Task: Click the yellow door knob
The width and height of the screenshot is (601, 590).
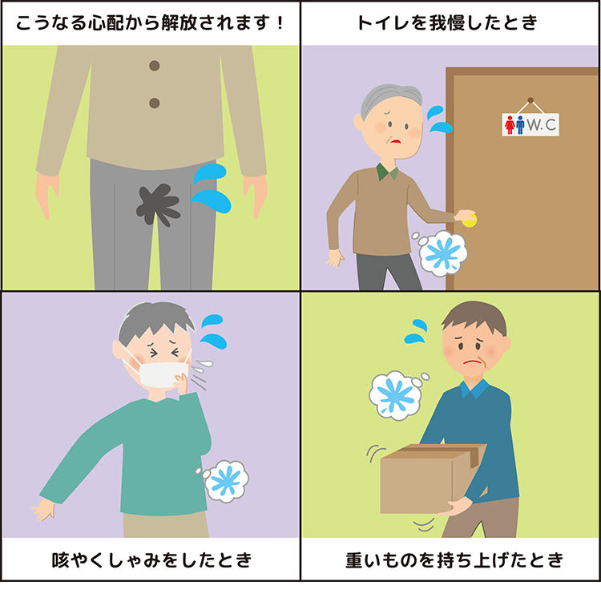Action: (x=468, y=219)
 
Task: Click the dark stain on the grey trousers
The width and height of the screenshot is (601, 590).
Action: (x=157, y=204)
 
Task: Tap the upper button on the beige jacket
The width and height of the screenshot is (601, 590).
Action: (x=155, y=66)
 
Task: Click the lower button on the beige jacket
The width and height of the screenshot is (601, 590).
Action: (x=155, y=103)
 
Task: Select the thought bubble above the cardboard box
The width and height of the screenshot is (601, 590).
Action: (x=397, y=394)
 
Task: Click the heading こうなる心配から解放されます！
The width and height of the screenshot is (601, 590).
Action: (x=150, y=22)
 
